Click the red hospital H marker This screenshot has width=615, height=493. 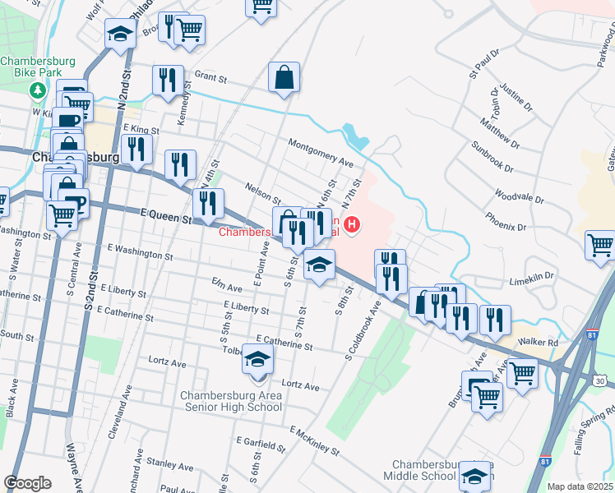pos(353,223)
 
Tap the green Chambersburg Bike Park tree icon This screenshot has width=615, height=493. pos(37,89)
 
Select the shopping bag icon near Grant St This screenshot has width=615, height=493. pos(284,78)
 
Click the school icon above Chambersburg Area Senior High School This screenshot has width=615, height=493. pos(257,360)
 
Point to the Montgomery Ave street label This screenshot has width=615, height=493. pos(320,153)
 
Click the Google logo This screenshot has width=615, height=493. pos(27,483)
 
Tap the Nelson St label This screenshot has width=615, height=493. pos(262,195)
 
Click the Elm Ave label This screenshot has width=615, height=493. pos(226,288)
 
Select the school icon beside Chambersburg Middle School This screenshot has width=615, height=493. pos(473,476)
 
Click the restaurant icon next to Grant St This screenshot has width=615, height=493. pos(167,81)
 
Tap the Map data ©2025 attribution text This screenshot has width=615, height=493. pos(580,486)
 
